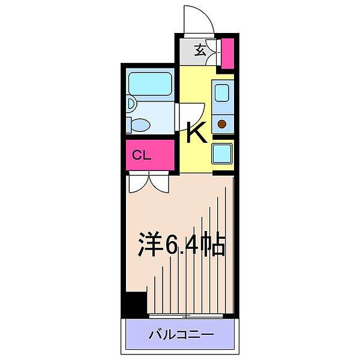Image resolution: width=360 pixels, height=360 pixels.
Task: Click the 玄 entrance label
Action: tap(200, 51)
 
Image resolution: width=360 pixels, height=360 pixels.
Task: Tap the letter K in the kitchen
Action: tap(196, 133)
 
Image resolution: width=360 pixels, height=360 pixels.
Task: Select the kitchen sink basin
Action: tap(222, 93)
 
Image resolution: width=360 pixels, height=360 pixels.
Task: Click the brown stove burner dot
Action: tap(222, 124)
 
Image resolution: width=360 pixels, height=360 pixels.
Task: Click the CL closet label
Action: tap(141, 155)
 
